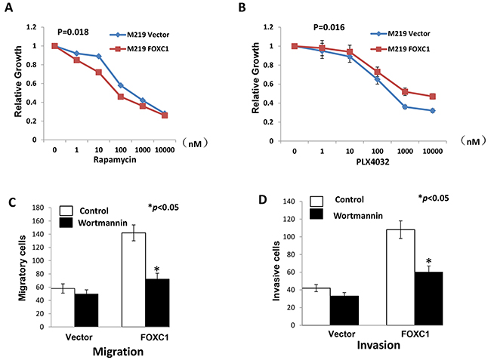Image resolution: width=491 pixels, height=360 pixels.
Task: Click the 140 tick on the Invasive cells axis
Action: [295, 203]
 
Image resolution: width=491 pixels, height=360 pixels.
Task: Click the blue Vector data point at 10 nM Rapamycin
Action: [98, 57]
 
